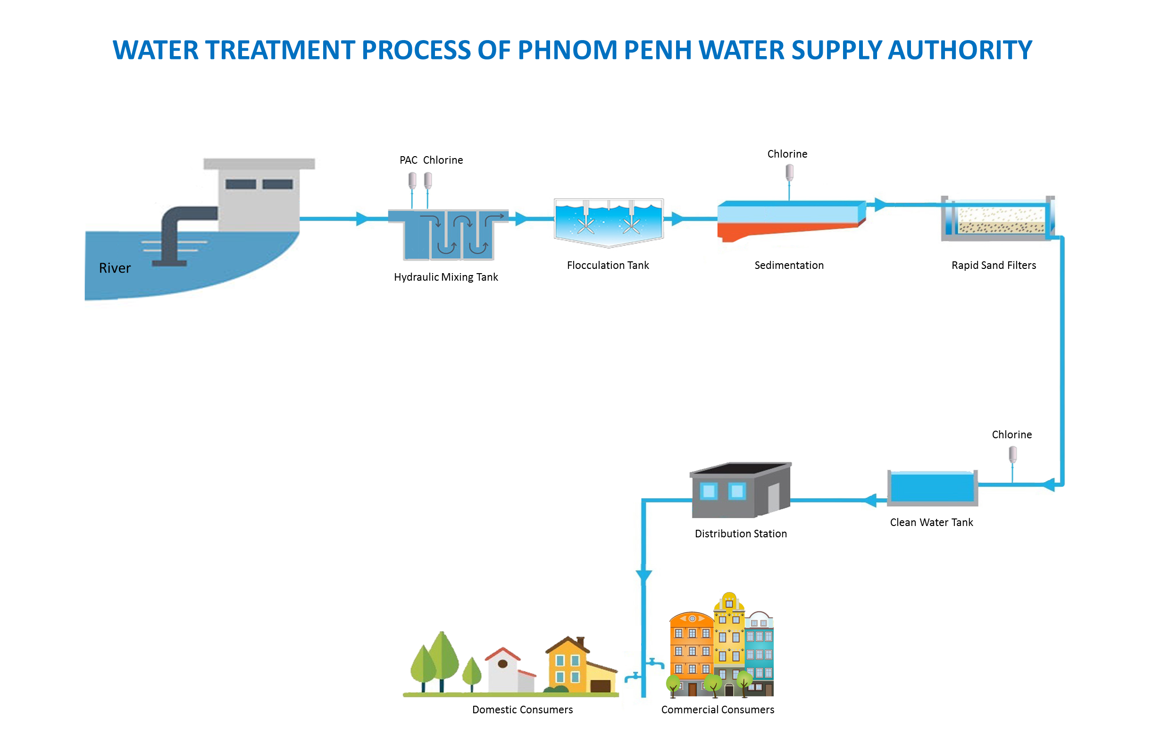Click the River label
tap(114, 268)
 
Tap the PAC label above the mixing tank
tap(408, 160)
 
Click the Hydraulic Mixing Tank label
tap(446, 277)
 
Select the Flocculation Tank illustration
tap(608, 222)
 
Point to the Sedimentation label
tap(789, 265)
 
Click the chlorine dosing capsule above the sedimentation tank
tap(789, 172)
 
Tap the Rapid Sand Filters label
tap(994, 265)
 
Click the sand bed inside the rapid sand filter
tap(1001, 220)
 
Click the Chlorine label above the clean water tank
tap(1011, 434)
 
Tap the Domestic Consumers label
tap(522, 710)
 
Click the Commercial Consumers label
tap(718, 710)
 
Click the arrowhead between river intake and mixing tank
tap(361, 218)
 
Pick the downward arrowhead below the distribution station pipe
tap(643, 576)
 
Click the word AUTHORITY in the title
tap(960, 50)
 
